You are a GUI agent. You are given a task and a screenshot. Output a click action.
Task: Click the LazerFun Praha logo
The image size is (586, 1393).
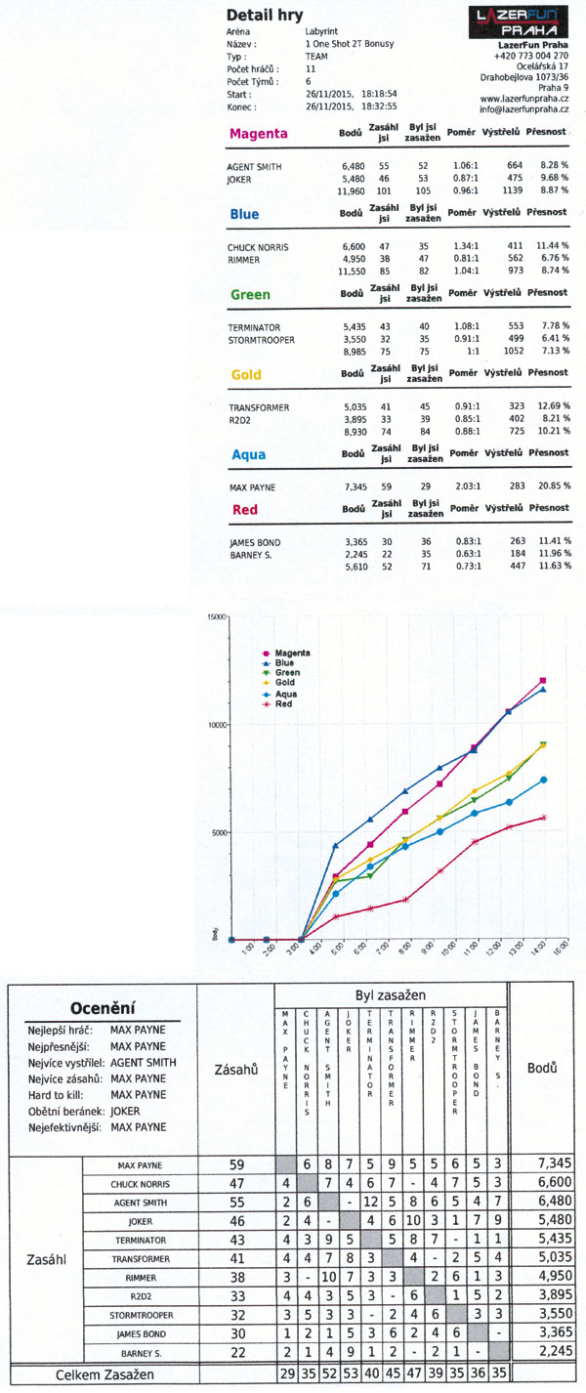(x=519, y=22)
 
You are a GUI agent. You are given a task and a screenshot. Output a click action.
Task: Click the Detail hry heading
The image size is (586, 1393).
(x=265, y=15)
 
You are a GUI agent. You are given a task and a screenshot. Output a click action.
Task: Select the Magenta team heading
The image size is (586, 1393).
(x=258, y=134)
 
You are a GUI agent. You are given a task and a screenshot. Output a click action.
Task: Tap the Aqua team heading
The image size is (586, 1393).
(x=248, y=454)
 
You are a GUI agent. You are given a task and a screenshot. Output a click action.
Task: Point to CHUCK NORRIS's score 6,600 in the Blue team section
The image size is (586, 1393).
(x=354, y=246)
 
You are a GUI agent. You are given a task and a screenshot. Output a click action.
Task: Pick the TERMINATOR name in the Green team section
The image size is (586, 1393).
(x=254, y=327)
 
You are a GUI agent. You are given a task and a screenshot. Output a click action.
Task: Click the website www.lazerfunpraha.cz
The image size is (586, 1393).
(x=523, y=99)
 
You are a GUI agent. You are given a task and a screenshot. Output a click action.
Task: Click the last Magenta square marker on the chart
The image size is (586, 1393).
(x=542, y=680)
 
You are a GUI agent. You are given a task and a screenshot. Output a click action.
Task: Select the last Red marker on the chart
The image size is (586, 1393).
(x=544, y=818)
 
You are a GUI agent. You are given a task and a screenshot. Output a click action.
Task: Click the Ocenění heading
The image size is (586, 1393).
(x=102, y=1008)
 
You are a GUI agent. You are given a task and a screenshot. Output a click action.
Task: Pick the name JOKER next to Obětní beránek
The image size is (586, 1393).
(x=125, y=1111)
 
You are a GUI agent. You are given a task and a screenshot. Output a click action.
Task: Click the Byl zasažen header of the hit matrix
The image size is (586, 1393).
(x=391, y=995)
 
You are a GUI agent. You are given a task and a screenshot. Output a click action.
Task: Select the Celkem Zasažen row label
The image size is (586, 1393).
(x=105, y=1375)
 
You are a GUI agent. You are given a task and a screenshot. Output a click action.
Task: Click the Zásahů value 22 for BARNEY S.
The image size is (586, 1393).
(x=237, y=1353)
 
